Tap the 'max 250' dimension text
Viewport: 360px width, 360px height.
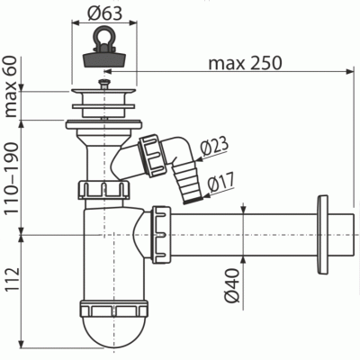click(x=245, y=63)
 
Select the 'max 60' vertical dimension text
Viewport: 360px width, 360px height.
click(x=11, y=86)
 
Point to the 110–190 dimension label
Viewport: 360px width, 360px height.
click(x=11, y=177)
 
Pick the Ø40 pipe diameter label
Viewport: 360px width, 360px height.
click(x=232, y=285)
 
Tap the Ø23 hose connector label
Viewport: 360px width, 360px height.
click(x=214, y=147)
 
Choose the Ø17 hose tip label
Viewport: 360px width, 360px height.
click(x=221, y=182)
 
